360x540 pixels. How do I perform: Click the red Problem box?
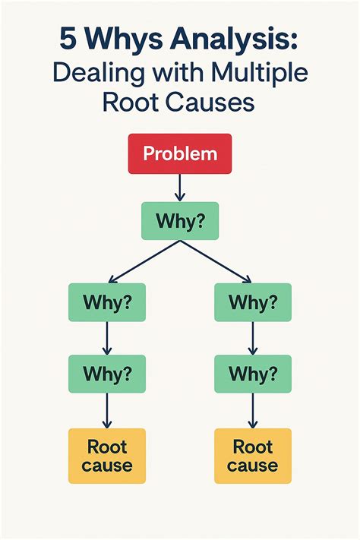180,154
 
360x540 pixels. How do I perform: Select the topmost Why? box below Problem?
180,221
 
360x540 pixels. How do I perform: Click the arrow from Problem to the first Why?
180,187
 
